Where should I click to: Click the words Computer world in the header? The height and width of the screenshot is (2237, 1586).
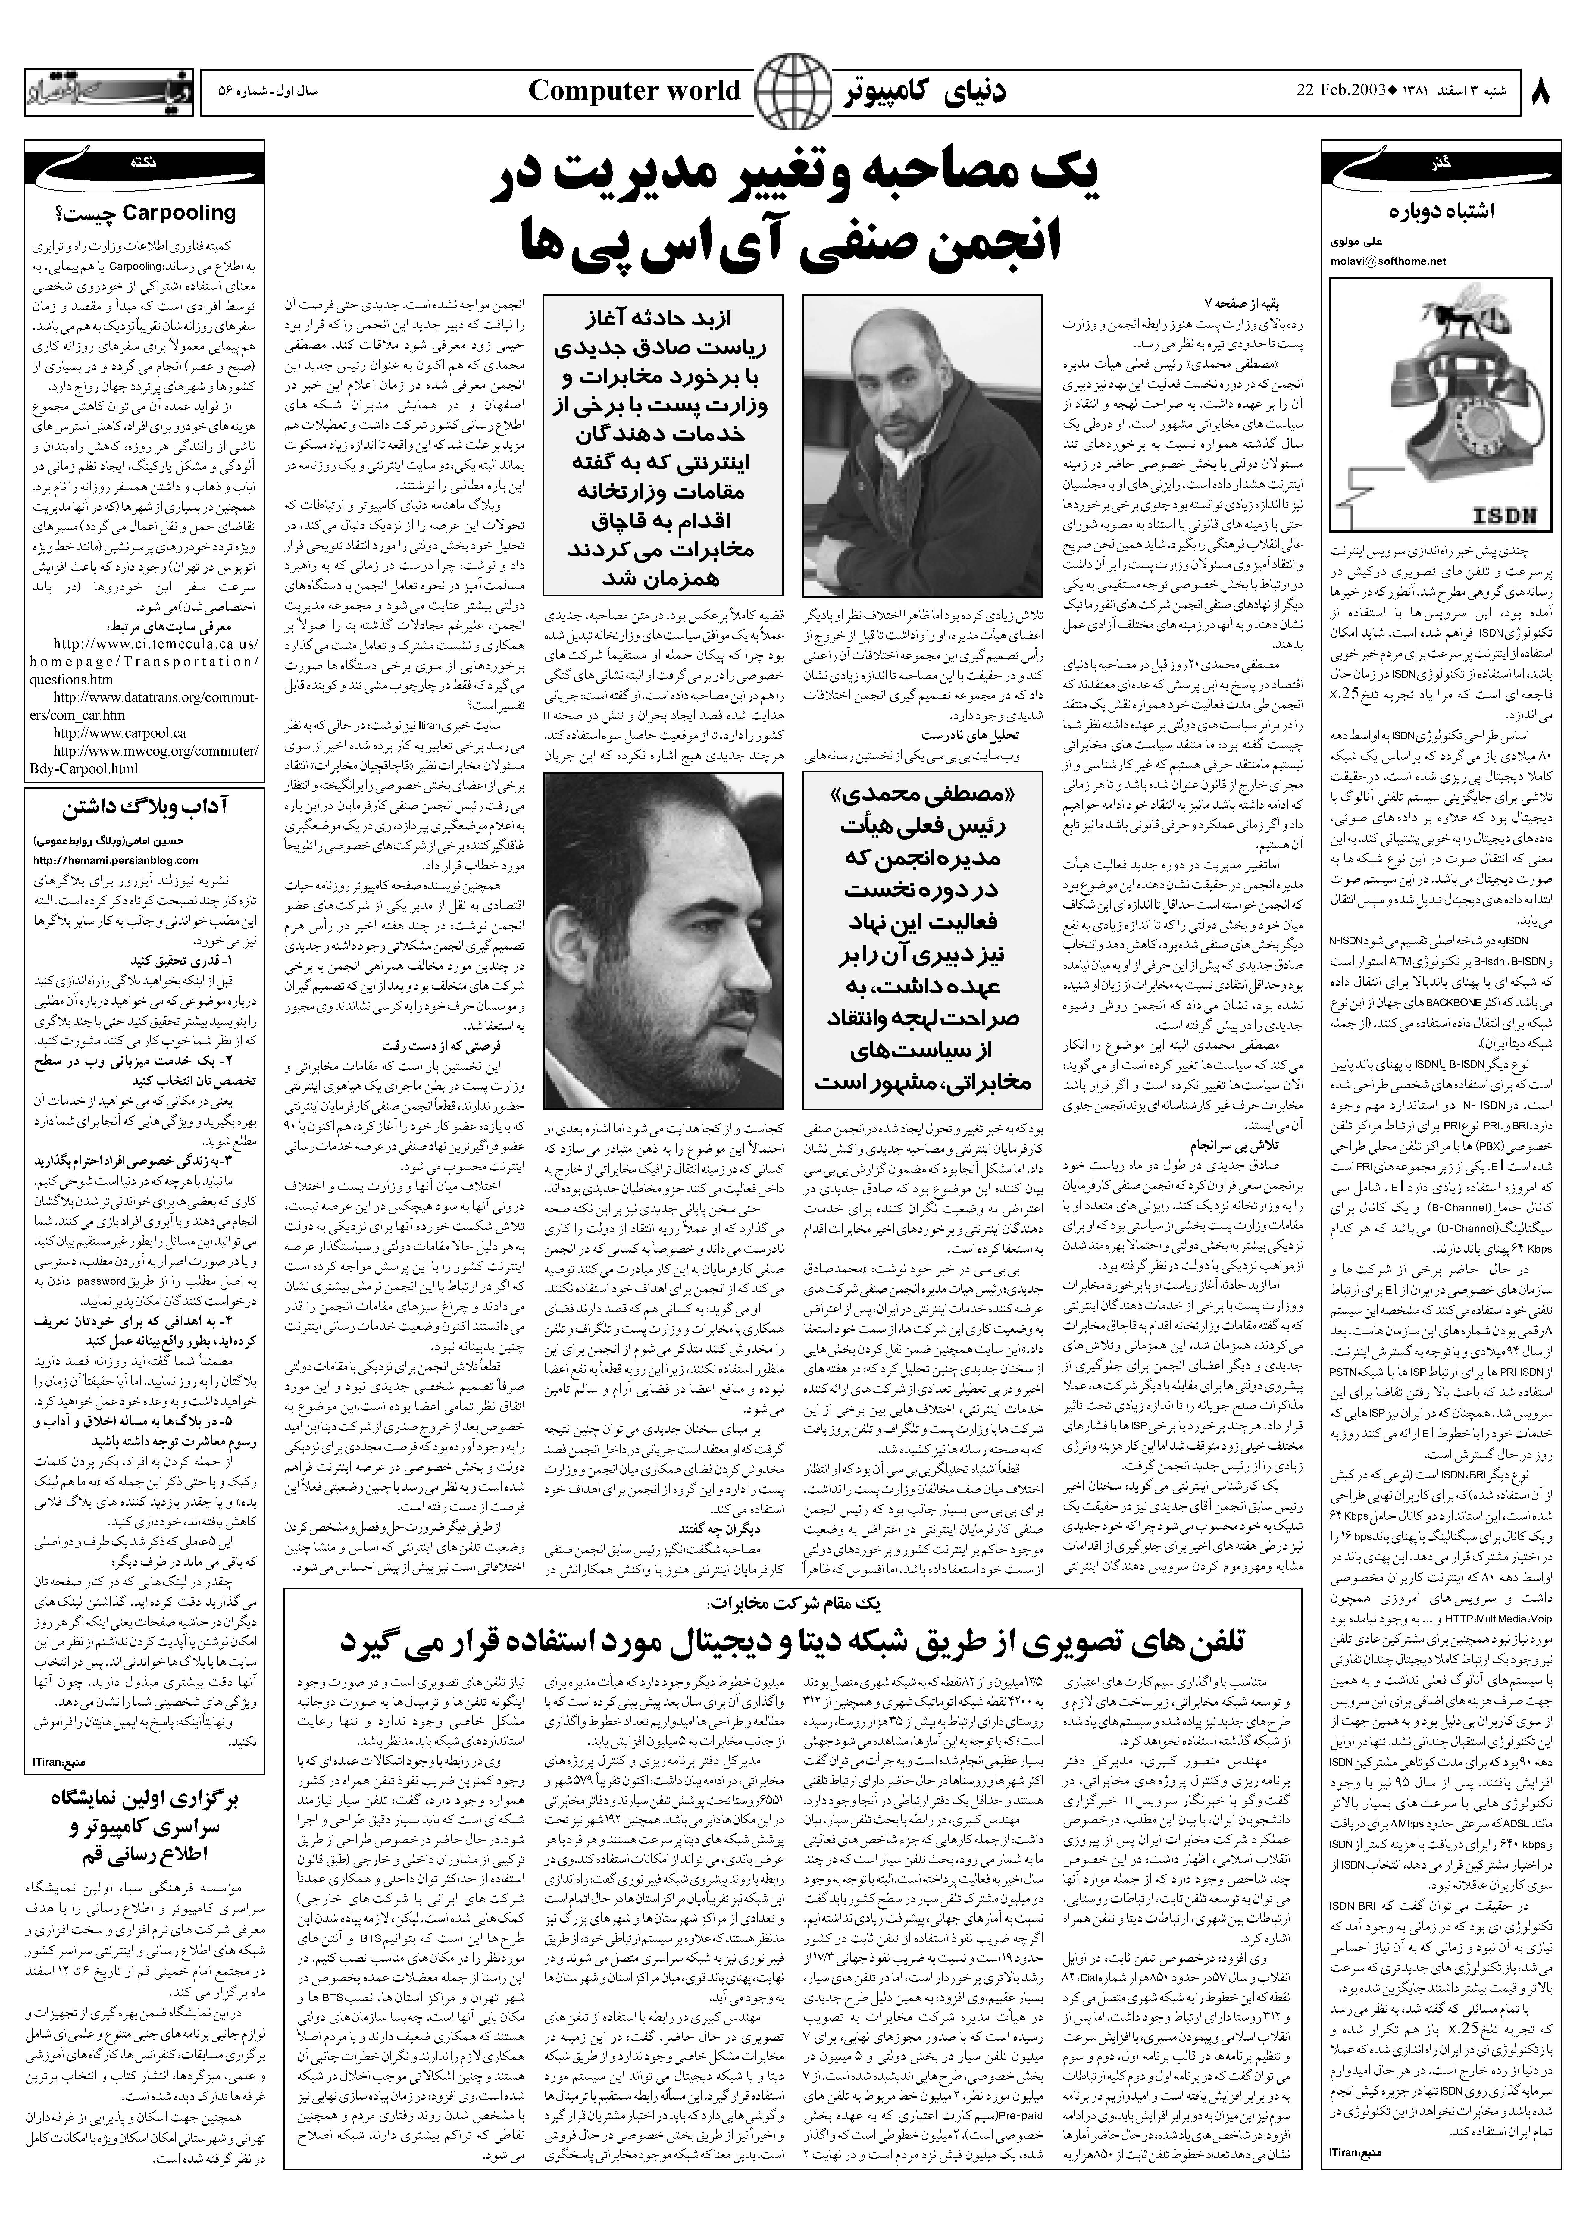pos(635,92)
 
